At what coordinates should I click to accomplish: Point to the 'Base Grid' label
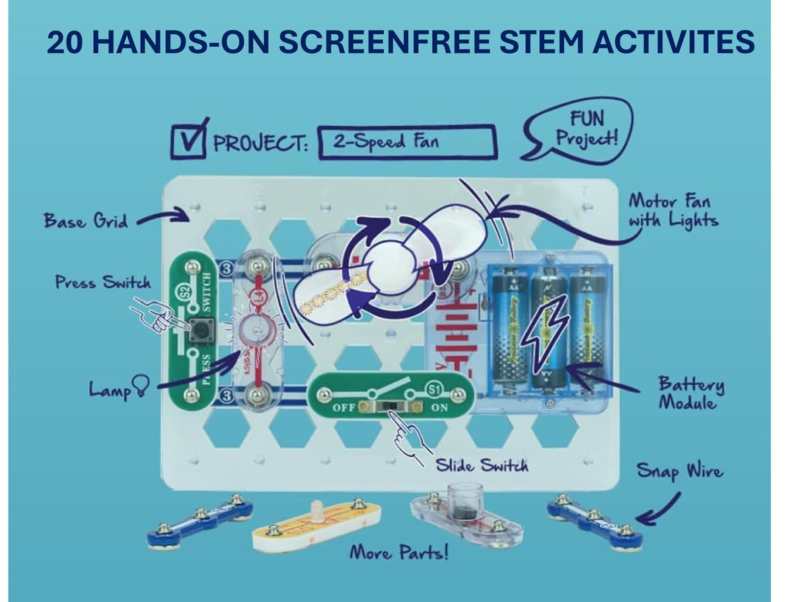[87, 220]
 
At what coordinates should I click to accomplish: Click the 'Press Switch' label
[103, 283]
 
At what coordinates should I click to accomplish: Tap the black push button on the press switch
[201, 330]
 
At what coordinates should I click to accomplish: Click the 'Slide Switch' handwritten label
[482, 465]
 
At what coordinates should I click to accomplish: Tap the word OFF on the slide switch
[344, 407]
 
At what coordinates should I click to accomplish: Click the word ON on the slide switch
[439, 407]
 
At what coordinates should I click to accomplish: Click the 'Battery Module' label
[690, 393]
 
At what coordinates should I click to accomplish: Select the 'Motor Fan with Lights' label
[672, 210]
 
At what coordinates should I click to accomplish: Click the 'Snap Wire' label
[679, 471]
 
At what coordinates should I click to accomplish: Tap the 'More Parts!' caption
[398, 551]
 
